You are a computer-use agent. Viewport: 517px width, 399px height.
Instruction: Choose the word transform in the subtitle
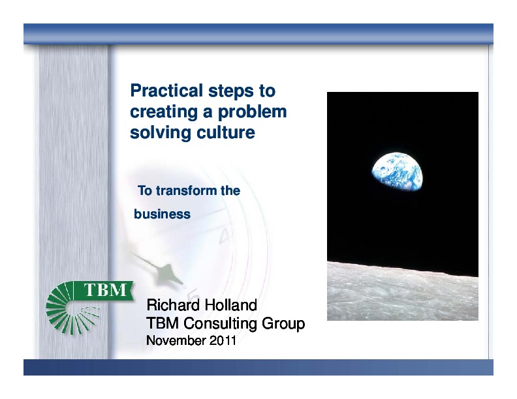coord(185,191)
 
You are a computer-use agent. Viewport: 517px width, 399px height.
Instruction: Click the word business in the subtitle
coord(162,214)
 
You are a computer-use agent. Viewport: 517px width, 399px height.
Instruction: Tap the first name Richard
coord(173,305)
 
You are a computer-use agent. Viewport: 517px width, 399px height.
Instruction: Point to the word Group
coord(283,323)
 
